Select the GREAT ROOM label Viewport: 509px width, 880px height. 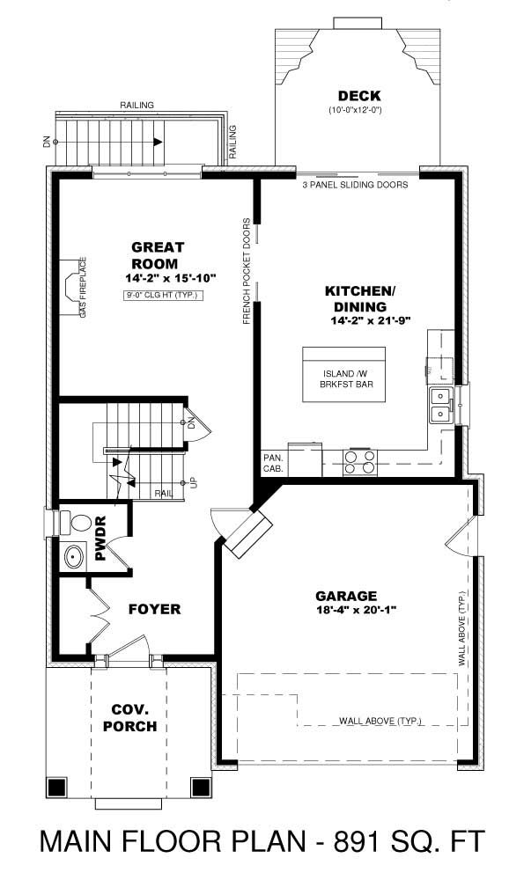point(155,255)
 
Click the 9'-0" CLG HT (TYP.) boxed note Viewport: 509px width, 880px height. point(164,296)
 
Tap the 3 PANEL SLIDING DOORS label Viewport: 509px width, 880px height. point(355,185)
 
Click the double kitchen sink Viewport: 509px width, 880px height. point(439,406)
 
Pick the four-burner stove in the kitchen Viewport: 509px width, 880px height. point(361,462)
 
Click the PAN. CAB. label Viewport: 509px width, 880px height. point(272,464)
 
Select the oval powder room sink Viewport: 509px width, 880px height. point(73,557)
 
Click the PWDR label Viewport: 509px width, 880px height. point(100,539)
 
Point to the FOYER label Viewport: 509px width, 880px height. point(154,609)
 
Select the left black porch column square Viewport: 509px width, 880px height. point(57,787)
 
